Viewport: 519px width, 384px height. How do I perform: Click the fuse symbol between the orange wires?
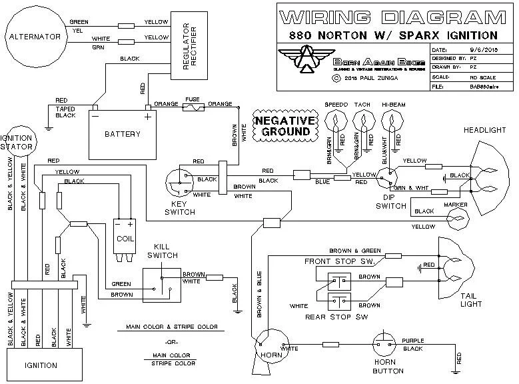[193, 105]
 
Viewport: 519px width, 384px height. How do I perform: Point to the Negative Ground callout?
[283, 125]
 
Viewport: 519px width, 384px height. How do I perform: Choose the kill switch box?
[162, 283]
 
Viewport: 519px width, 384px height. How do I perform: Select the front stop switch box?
[340, 279]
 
